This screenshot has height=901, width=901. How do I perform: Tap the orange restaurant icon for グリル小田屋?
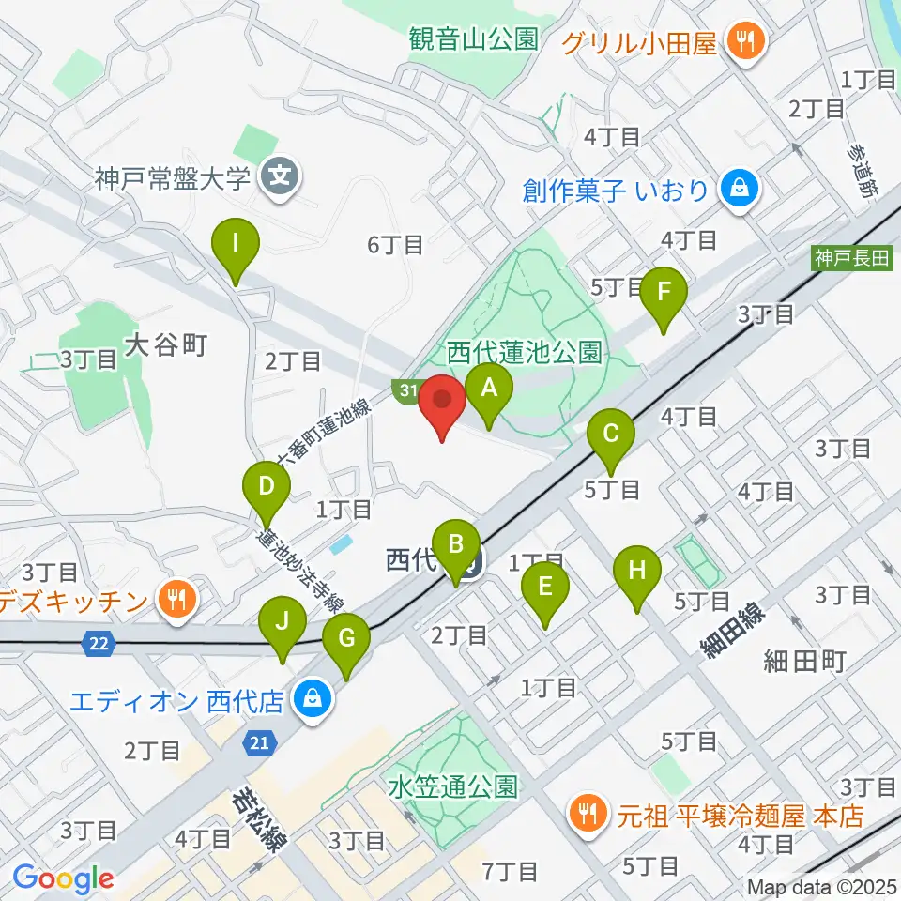click(746, 40)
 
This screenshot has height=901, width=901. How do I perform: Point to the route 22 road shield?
click(98, 643)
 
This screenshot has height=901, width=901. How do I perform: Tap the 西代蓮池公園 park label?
click(524, 353)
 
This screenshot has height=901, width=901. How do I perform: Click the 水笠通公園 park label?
click(451, 786)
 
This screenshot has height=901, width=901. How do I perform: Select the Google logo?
click(63, 879)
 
